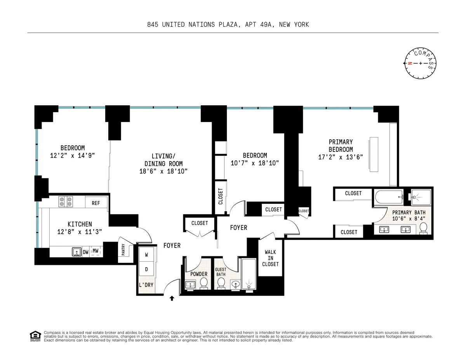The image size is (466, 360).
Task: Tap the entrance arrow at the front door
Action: [172, 298]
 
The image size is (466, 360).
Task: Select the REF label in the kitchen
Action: [96, 203]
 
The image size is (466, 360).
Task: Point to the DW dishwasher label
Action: [85, 252]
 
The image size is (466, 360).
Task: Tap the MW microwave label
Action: [96, 252]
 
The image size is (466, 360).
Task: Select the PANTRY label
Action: [123, 252]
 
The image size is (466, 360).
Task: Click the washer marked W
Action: [147, 255]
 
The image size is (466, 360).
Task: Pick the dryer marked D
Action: [147, 269]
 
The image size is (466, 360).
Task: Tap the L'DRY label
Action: [146, 285]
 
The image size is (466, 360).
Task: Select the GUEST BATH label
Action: [221, 271]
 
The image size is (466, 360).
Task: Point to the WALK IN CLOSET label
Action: [270, 258]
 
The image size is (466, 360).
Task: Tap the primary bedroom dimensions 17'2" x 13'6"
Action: [341, 157]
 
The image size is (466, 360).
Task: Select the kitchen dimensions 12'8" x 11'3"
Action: [80, 232]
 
